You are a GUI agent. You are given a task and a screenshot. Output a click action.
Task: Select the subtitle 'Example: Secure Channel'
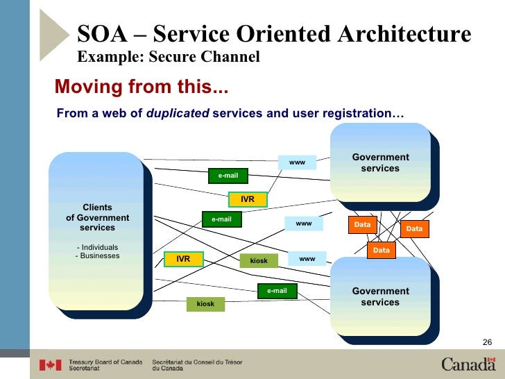click(x=168, y=57)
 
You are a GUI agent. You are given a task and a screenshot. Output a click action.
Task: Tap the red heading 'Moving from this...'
click(x=142, y=87)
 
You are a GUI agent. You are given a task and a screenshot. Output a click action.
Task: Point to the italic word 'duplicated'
click(x=178, y=112)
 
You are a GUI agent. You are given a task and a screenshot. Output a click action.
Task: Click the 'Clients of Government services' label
click(x=97, y=217)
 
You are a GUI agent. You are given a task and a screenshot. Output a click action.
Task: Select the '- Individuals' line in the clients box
click(x=97, y=247)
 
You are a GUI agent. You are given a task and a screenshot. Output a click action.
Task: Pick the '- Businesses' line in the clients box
click(x=97, y=256)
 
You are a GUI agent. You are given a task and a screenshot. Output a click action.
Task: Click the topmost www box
click(x=297, y=162)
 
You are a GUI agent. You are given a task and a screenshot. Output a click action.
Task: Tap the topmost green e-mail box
click(x=228, y=176)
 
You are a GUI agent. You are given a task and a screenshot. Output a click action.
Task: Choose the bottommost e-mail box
click(x=277, y=291)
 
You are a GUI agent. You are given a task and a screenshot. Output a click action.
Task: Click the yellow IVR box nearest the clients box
click(x=183, y=259)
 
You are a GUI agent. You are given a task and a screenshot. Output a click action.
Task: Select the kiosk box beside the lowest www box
click(x=259, y=260)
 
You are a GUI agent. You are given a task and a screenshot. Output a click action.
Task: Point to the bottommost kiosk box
click(x=205, y=304)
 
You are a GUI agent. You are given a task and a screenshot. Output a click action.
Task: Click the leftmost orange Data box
click(x=362, y=225)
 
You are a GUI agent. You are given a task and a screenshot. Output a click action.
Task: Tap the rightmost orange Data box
click(x=414, y=229)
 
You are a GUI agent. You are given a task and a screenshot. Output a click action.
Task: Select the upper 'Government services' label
click(x=381, y=163)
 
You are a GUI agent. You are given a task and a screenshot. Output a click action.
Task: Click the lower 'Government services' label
click(x=381, y=297)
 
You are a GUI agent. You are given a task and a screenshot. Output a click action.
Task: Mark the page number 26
click(x=486, y=341)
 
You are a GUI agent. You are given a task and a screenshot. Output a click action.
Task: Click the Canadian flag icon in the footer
click(x=50, y=364)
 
